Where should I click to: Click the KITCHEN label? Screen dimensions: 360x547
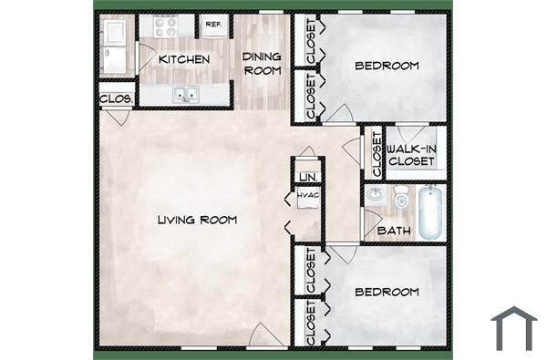184,59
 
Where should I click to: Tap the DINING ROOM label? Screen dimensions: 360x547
262,63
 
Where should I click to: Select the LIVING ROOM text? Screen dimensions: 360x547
197,220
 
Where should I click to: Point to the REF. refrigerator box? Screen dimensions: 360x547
213,25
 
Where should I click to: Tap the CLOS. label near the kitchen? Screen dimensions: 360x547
118,98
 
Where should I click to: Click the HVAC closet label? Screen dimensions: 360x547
306,194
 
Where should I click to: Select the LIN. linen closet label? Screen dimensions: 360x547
307,176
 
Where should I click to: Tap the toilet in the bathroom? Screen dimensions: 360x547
400,196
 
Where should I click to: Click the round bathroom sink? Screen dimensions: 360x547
375,194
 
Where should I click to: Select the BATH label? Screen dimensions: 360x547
392,231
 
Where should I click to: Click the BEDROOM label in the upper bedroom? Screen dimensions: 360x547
387,65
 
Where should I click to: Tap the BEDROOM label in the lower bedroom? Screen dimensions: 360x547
387,292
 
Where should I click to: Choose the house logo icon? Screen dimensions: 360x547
513,328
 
